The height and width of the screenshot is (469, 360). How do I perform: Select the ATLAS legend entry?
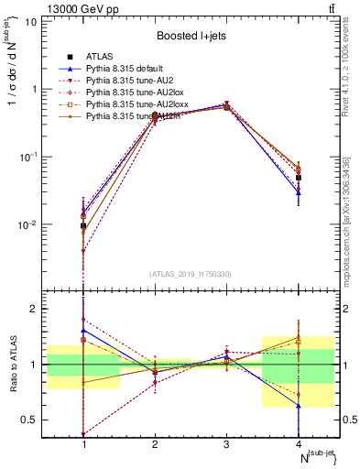pyautogui.click(x=98, y=59)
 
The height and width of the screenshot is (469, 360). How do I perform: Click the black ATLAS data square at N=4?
pyautogui.click(x=299, y=178)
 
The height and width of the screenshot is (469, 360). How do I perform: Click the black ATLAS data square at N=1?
pyautogui.click(x=84, y=225)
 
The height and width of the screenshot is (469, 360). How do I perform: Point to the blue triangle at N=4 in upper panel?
pyautogui.click(x=299, y=193)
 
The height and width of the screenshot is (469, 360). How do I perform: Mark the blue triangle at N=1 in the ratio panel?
pyautogui.click(x=84, y=331)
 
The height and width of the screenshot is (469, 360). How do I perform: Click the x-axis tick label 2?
pyautogui.click(x=155, y=444)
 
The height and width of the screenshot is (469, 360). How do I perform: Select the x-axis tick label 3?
pyautogui.click(x=226, y=444)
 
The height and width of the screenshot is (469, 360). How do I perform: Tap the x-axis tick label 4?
pyautogui.click(x=299, y=444)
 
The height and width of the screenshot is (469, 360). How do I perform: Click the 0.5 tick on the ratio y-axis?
pyautogui.click(x=37, y=420)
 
